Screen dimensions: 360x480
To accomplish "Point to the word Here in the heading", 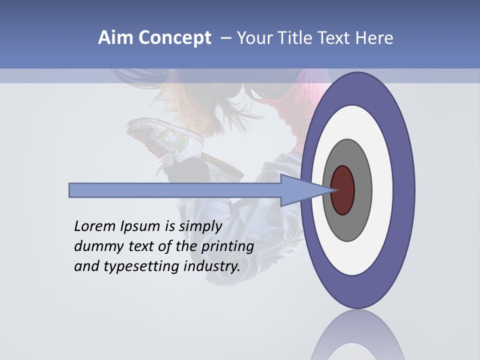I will point(374,38).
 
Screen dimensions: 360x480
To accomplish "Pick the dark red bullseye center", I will point(343,190).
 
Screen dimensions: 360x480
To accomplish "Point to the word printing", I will point(227,246).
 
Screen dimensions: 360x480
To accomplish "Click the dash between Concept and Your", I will point(225,38).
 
